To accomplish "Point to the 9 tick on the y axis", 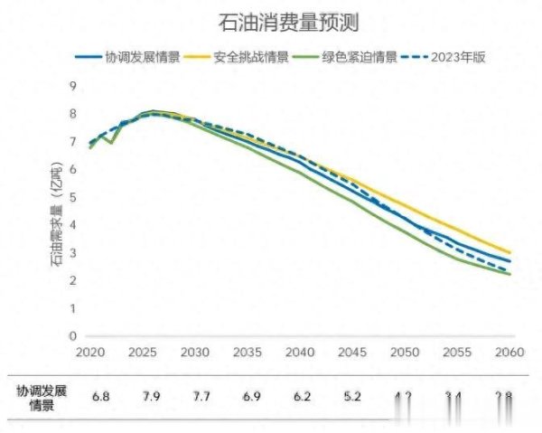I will coord(73,86).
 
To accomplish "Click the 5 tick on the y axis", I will coord(73,197).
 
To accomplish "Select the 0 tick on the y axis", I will coord(73,335).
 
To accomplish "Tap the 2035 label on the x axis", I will coord(247,352).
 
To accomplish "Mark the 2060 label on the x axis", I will coord(509,352).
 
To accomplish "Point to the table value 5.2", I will coord(352,397).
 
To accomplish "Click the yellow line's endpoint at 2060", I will coord(509,252).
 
